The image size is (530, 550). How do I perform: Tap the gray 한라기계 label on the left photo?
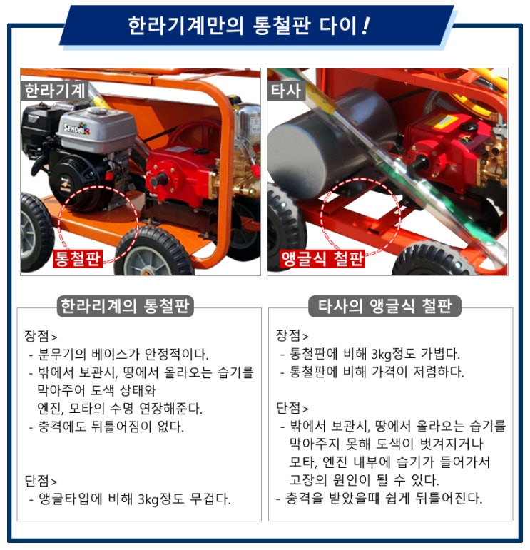[54, 91]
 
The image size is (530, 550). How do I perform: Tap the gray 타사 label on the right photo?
[286, 91]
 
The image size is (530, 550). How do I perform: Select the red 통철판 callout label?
[78, 259]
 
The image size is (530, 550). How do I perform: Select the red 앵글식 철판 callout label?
[322, 259]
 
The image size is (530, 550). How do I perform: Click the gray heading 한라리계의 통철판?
[126, 306]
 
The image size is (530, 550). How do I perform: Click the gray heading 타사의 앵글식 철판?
[384, 306]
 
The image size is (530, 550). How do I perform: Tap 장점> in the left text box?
[41, 336]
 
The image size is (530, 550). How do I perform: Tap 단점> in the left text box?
[41, 481]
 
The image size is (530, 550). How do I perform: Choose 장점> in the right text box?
[292, 336]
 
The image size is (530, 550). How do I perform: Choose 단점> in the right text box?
[292, 408]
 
